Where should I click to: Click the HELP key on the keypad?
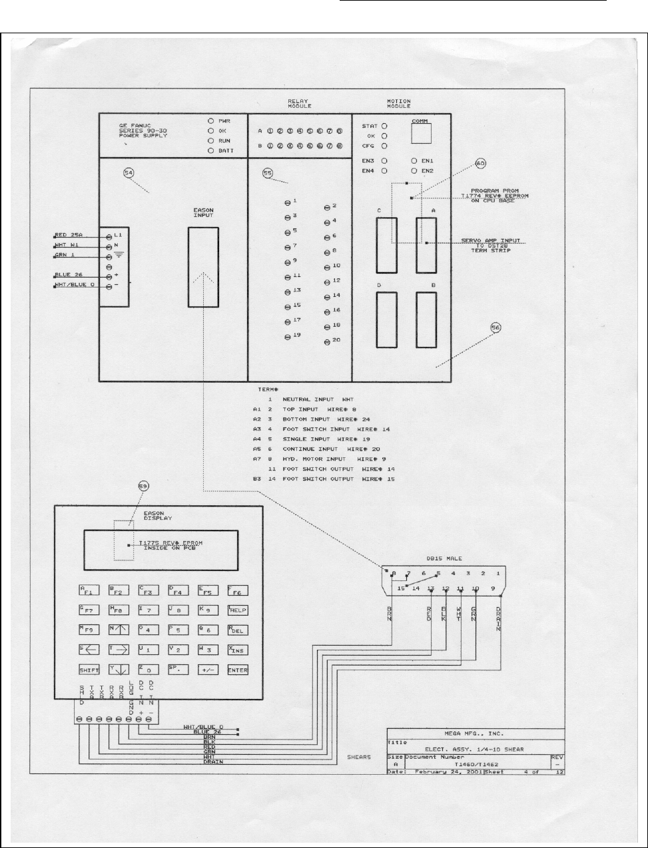coord(238,610)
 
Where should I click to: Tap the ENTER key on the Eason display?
coord(238,670)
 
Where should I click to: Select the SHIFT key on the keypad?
coord(89,670)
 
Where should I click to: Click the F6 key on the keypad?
coord(238,590)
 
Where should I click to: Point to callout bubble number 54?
coord(129,173)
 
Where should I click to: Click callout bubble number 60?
coord(480,164)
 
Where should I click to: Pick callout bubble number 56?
coord(495,327)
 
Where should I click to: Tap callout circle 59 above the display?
coord(143,487)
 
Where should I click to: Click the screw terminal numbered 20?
coord(326,341)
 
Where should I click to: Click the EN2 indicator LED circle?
coord(414,171)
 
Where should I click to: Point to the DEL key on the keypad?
coord(238,630)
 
